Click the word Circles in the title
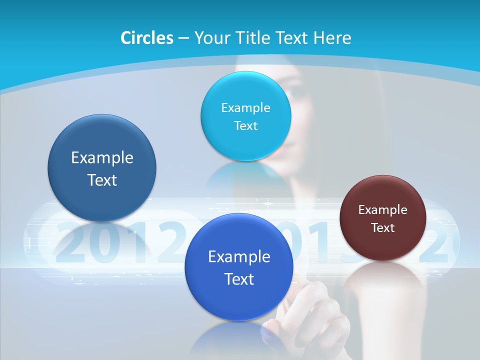147,38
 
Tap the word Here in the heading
332,38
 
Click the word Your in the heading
213,38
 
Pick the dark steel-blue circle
102,200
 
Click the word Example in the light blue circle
245,107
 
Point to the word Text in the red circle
383,228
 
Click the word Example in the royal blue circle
239,257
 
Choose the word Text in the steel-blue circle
102,180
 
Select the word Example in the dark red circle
383,210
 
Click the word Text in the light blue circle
245,125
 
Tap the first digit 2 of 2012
70,243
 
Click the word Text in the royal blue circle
239,279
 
